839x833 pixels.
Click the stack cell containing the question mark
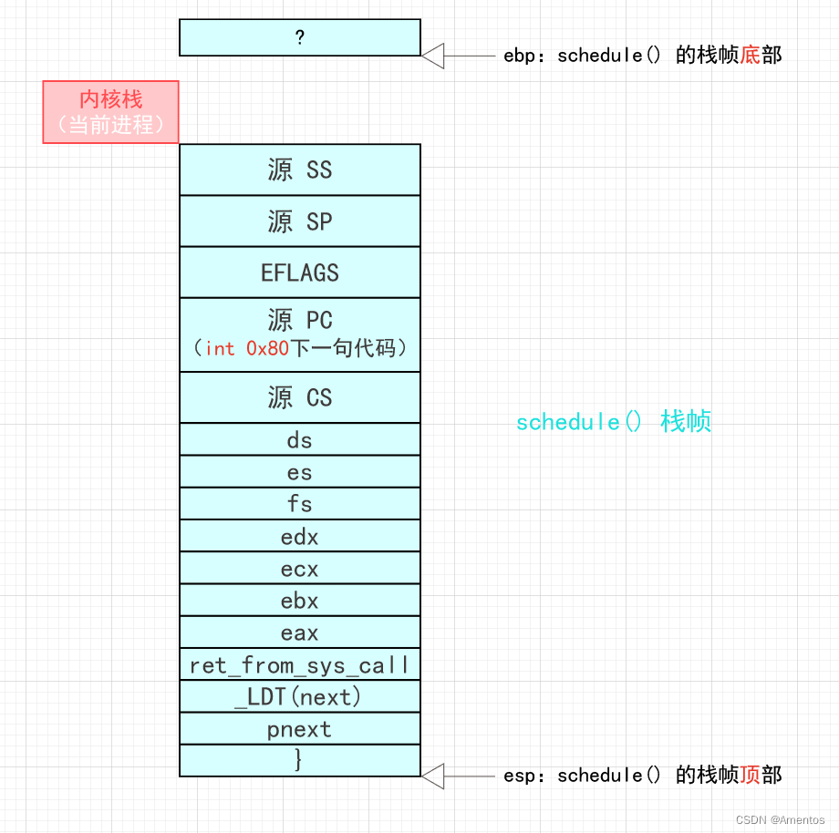(299, 37)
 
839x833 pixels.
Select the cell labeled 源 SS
(299, 170)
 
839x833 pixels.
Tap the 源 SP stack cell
(299, 221)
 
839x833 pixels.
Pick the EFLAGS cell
(299, 273)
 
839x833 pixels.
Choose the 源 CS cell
(299, 397)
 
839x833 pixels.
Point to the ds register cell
(299, 440)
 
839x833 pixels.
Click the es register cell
(299, 472)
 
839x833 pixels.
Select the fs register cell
(299, 504)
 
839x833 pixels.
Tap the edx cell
(299, 537)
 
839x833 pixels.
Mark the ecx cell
(299, 569)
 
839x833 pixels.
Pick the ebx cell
(299, 601)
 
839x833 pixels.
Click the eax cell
(299, 632)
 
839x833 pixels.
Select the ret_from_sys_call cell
(299, 665)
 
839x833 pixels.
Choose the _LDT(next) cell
(299, 697)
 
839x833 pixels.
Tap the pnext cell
(299, 729)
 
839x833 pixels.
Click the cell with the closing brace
(299, 760)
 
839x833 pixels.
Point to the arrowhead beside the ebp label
(432, 56)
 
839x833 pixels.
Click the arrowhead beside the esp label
(432, 776)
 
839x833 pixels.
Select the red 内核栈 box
(110, 112)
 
